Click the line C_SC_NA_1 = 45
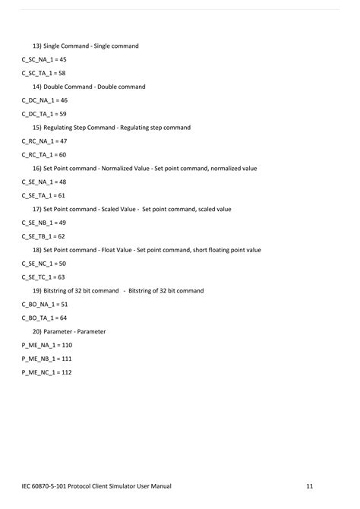click(44, 59)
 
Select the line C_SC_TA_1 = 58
click(44, 73)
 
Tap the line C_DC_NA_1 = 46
click(45, 100)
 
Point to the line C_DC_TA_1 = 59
click(45, 114)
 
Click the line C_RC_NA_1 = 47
click(45, 141)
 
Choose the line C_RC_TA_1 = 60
click(44, 155)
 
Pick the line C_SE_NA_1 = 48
click(44, 182)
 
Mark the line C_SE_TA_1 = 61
click(44, 195)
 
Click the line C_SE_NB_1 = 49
click(44, 223)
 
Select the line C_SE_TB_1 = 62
click(44, 236)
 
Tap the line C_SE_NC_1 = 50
click(44, 264)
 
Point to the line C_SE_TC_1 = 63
click(44, 277)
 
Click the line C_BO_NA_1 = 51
click(45, 305)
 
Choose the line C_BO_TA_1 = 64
click(45, 318)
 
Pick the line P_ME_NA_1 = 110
click(47, 346)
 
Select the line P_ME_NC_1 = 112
click(47, 372)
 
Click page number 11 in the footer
click(310, 485)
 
